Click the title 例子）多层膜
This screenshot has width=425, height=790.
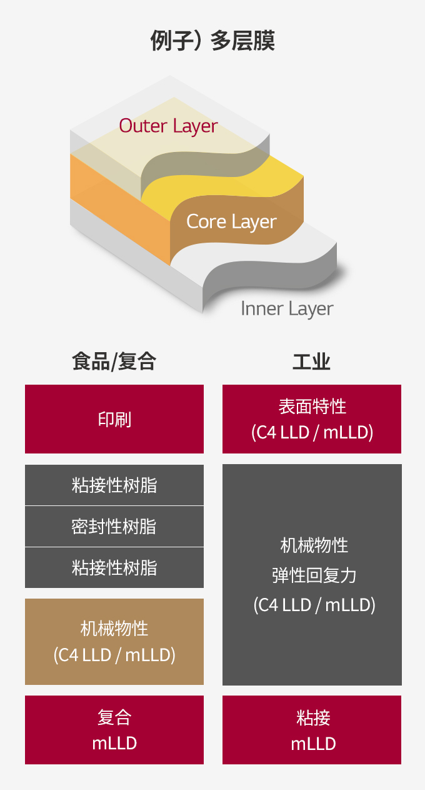[x=212, y=41]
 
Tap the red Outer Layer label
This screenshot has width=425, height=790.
[x=169, y=126]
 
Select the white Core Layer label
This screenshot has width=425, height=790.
[x=231, y=222]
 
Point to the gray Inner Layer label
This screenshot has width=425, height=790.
[x=287, y=309]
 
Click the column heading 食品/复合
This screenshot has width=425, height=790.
[x=114, y=362]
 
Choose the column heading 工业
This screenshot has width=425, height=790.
[x=311, y=362]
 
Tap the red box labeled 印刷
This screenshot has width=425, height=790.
[x=114, y=419]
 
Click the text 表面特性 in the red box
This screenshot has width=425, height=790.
[x=312, y=407]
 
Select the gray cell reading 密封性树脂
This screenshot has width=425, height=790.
[x=114, y=527]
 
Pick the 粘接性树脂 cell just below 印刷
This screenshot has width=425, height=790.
[x=114, y=485]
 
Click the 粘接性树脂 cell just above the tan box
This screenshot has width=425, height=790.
[x=114, y=568]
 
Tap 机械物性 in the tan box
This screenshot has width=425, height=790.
[x=114, y=629]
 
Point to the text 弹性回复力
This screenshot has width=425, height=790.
[x=314, y=575]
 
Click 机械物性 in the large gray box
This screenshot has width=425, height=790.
[x=314, y=545]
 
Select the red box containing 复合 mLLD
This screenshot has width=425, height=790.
[x=114, y=730]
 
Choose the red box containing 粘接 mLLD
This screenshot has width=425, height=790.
[x=312, y=730]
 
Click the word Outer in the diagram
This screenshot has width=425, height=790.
[x=143, y=126]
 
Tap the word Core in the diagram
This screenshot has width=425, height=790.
[x=206, y=221]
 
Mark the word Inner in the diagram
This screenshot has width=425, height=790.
[x=262, y=308]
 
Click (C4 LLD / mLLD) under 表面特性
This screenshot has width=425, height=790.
[x=312, y=433]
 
